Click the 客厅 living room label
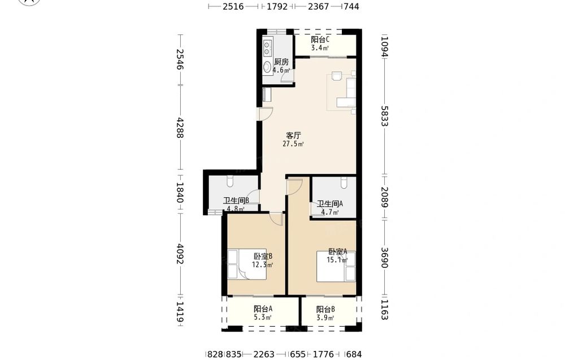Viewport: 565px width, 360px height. pyautogui.click(x=293, y=136)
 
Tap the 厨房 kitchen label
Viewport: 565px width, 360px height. pyautogui.click(x=281, y=62)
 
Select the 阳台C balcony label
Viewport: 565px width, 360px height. pyautogui.click(x=320, y=40)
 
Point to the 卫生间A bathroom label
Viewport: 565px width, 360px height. pyautogui.click(x=330, y=203)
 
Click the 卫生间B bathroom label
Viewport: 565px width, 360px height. pyautogui.click(x=236, y=201)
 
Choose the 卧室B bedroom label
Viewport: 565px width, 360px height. pyautogui.click(x=263, y=256)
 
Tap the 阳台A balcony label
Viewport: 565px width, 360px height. pyautogui.click(x=263, y=309)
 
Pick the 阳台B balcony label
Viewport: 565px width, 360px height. pyautogui.click(x=326, y=309)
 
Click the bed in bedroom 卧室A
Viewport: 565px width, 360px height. pyautogui.click(x=336, y=266)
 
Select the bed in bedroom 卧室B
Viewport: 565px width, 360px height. pyautogui.click(x=247, y=264)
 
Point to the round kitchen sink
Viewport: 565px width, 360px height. pyautogui.click(x=267, y=67)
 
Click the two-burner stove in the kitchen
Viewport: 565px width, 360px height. pyautogui.click(x=267, y=48)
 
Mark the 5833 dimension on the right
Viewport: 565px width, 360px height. pyautogui.click(x=384, y=116)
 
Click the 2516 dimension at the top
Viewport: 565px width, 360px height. pyautogui.click(x=233, y=6)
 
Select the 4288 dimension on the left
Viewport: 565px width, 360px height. pyautogui.click(x=180, y=128)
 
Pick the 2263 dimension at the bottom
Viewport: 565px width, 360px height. pyautogui.click(x=264, y=354)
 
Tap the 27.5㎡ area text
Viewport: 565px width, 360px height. pyautogui.click(x=293, y=144)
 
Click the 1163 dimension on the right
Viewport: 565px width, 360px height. pyautogui.click(x=384, y=310)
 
